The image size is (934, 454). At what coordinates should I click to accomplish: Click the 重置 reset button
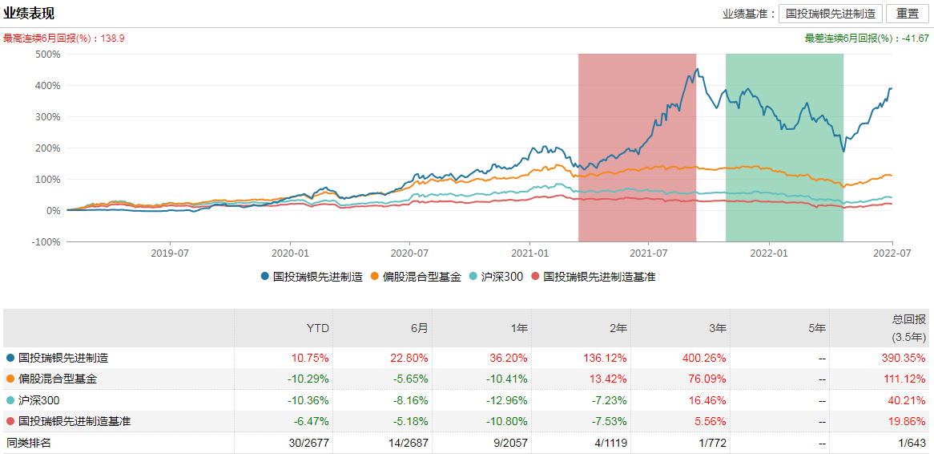(x=908, y=14)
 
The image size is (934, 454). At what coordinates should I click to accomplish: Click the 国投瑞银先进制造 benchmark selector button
(x=831, y=14)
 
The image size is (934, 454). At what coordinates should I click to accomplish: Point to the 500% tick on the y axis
(x=48, y=55)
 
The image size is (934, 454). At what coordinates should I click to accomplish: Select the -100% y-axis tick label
(x=46, y=242)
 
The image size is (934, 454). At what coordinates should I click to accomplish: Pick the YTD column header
(x=318, y=328)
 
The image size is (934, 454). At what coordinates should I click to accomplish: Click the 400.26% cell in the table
(x=707, y=359)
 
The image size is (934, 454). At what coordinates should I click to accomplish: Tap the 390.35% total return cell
(x=905, y=359)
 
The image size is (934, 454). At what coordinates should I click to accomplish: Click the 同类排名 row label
(x=29, y=442)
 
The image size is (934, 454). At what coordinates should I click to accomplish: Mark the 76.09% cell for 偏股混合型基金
(x=710, y=379)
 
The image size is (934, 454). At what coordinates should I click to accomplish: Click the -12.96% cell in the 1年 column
(x=508, y=400)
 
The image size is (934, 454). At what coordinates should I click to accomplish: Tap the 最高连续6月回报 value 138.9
(x=113, y=39)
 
